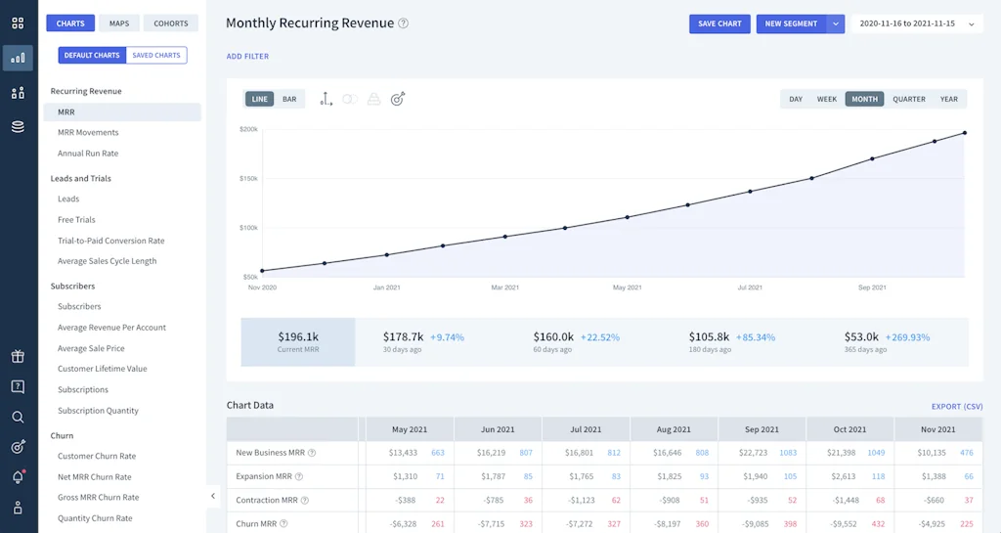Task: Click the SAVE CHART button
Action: pyautogui.click(x=719, y=23)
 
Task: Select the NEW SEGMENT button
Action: pyautogui.click(x=791, y=23)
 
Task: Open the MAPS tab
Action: pyautogui.click(x=119, y=23)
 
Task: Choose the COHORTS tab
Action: pyautogui.click(x=171, y=23)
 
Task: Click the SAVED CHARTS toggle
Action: pyautogui.click(x=156, y=56)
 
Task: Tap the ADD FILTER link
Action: pyautogui.click(x=247, y=57)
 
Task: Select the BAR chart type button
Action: pyautogui.click(x=289, y=99)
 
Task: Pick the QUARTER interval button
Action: pyautogui.click(x=908, y=99)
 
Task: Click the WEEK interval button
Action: pyautogui.click(x=827, y=99)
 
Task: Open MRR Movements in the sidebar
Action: pyautogui.click(x=88, y=133)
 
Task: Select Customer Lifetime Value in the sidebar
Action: pyautogui.click(x=102, y=369)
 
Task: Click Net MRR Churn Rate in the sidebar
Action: pyautogui.click(x=94, y=477)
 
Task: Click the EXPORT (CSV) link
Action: pyautogui.click(x=957, y=406)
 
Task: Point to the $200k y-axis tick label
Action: pyautogui.click(x=248, y=129)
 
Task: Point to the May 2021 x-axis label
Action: pyautogui.click(x=627, y=288)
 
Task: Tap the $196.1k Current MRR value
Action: pyautogui.click(x=298, y=336)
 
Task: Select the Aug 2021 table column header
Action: pyautogui.click(x=674, y=429)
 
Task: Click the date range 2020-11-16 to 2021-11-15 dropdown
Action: pyautogui.click(x=916, y=23)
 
